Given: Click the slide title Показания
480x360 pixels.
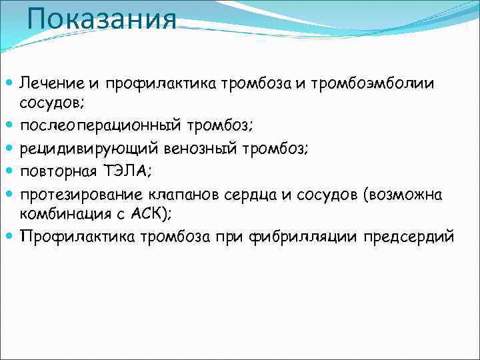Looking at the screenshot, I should coord(103,18).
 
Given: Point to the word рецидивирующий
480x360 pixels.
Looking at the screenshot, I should coord(81,148).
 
